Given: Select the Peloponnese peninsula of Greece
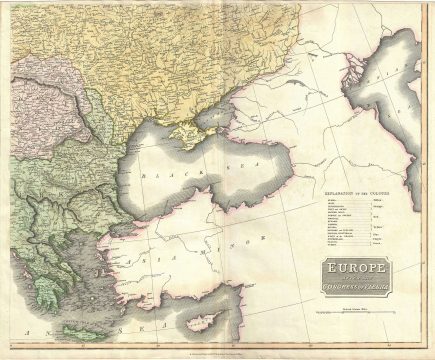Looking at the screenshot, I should click(x=45, y=291).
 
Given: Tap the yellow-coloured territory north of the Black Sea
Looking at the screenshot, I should click(x=180, y=50).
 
